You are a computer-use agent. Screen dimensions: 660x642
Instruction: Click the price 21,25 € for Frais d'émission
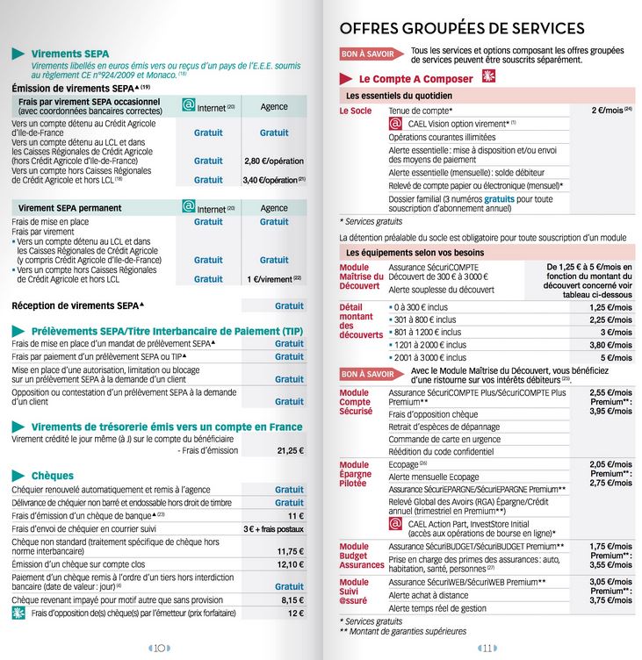tap(289, 450)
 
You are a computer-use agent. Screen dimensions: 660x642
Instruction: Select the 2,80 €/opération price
tap(273, 161)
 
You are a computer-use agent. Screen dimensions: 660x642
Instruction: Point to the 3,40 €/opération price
tap(273, 180)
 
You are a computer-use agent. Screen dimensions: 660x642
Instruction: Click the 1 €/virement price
tap(274, 279)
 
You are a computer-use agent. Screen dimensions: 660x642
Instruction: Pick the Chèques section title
tap(52, 476)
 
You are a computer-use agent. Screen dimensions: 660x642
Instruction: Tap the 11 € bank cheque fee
tap(295, 516)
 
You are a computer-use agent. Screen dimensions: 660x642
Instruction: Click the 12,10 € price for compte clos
tap(290, 564)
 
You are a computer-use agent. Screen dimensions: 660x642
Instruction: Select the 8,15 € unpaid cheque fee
tap(292, 599)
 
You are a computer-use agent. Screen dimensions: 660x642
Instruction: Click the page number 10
tap(159, 649)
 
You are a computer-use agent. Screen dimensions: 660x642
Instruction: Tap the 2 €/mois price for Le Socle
tap(610, 111)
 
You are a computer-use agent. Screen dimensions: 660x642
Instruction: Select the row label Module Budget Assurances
tap(361, 556)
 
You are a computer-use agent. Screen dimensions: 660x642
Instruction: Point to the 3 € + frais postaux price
tap(273, 529)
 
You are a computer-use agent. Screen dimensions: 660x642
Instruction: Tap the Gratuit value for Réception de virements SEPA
tap(289, 306)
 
